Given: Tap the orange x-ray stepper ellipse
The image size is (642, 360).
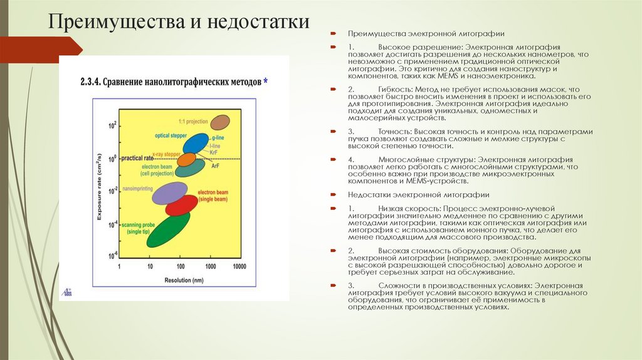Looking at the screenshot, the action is tap(186, 159).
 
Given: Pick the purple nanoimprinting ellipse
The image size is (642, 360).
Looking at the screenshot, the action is tap(170, 193).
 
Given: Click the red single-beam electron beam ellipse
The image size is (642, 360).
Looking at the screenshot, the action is tap(181, 205).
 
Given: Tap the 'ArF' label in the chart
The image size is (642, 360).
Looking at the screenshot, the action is tap(215, 166).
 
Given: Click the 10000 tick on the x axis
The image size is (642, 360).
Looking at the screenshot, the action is tap(238, 267).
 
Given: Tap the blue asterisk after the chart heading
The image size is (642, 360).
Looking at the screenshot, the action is tap(266, 81).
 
